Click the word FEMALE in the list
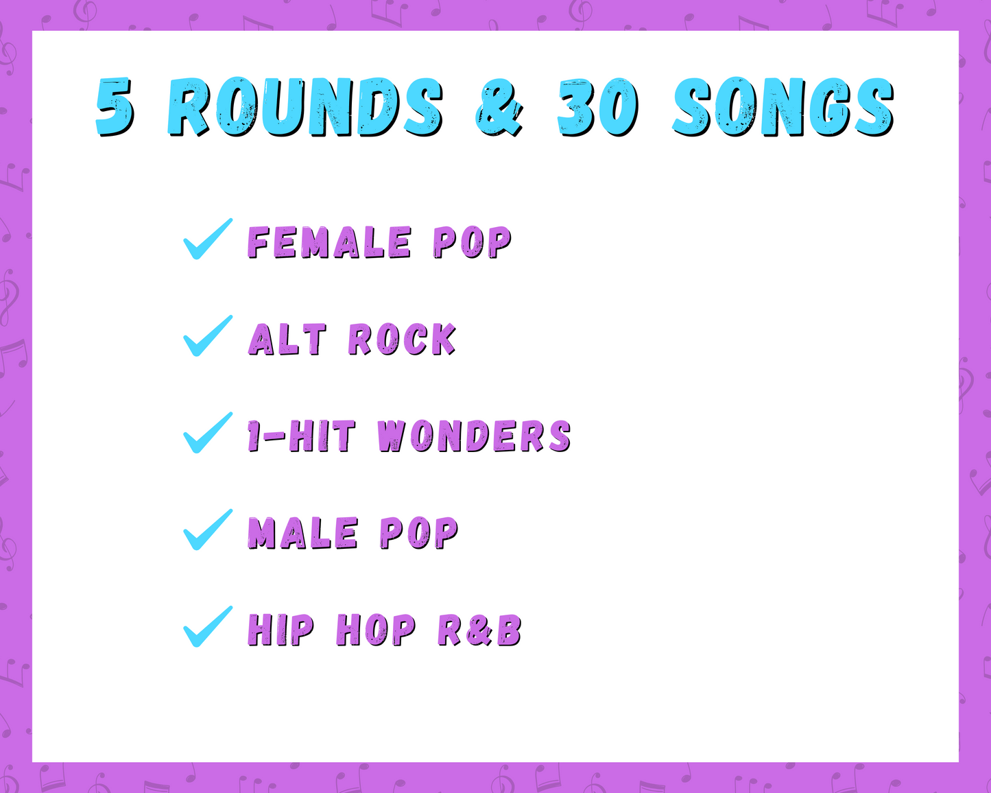[x=330, y=243]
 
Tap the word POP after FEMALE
[x=473, y=243]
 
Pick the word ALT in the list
[x=287, y=340]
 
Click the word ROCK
[x=402, y=340]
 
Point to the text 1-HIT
[x=302, y=436]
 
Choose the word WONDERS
[x=474, y=436]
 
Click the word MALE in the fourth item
[x=303, y=533]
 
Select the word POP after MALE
[x=419, y=533]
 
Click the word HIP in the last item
[x=281, y=630]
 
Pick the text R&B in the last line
[x=479, y=630]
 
